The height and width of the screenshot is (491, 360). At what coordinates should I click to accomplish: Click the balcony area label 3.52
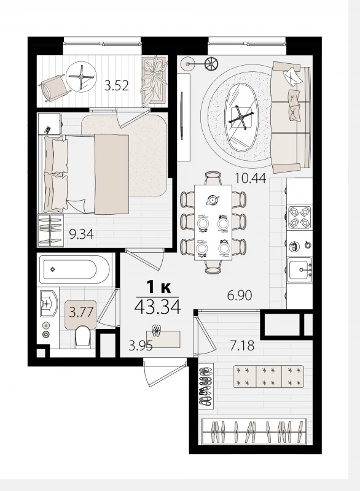pos(116,85)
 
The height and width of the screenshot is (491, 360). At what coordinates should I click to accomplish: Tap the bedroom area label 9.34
pos(81,234)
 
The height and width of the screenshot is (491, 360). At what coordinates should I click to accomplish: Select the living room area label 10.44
pos(251,178)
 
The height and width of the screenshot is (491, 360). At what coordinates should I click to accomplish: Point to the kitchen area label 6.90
pos(240,295)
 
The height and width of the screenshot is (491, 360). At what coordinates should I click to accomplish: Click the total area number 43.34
pos(158,307)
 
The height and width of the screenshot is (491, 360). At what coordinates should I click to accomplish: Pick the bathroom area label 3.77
pos(81,312)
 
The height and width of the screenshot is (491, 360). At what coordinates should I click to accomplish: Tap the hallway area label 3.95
pos(141,346)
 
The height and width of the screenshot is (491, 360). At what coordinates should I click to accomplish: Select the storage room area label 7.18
pos(242,346)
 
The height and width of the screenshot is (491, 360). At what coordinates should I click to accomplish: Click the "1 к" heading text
pos(158,287)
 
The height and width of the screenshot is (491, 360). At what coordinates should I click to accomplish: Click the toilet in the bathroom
pos(84,336)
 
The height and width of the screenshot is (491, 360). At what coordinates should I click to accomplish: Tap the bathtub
pos(73,269)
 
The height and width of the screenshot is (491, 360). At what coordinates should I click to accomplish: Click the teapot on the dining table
pos(213,199)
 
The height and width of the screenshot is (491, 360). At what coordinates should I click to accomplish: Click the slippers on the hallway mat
pos(156,330)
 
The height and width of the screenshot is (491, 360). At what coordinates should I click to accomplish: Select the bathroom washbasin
pos(49,303)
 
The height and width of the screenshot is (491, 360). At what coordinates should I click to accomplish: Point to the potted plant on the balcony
pos(154,79)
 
